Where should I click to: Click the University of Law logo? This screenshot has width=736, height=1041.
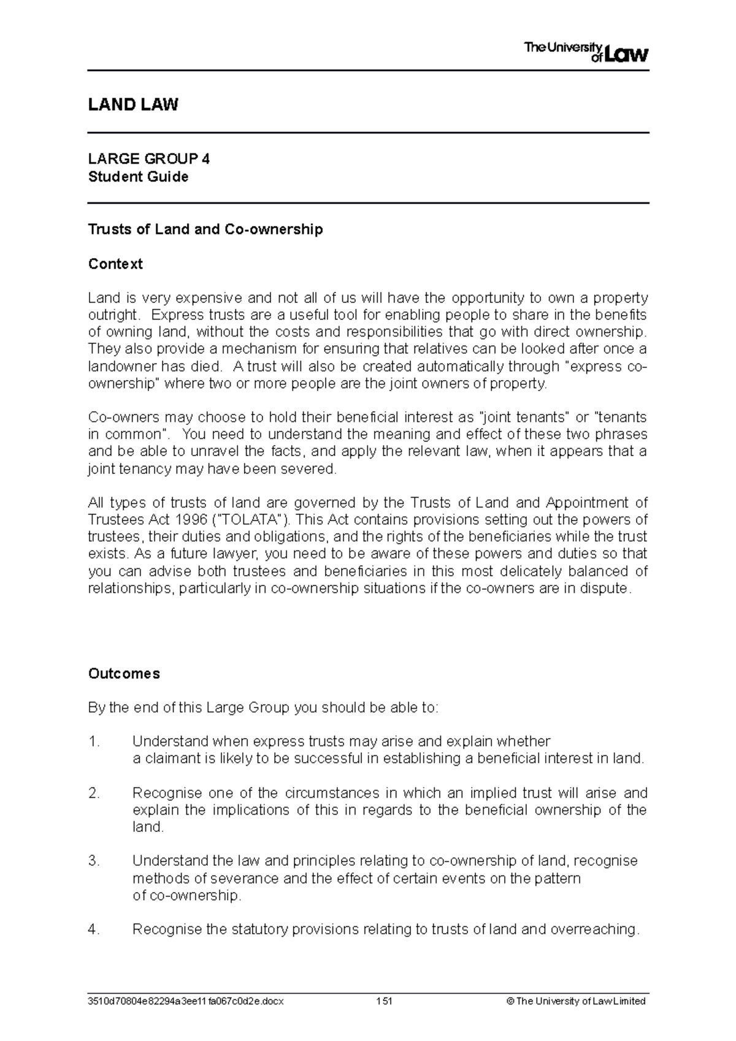point(586,52)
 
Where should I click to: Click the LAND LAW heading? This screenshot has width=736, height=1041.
point(133,105)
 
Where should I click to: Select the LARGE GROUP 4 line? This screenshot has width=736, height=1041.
point(149,159)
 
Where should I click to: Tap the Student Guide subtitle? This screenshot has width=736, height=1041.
point(138,177)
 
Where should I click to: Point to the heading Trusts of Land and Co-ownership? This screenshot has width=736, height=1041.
point(205,229)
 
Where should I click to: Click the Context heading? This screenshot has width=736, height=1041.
point(115,264)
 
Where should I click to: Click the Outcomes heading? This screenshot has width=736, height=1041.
point(124,674)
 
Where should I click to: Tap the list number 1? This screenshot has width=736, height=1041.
point(94,742)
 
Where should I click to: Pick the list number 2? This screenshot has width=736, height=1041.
point(94,793)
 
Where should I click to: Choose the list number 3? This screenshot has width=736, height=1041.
point(94,861)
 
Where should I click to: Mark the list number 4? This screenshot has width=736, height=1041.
point(94,929)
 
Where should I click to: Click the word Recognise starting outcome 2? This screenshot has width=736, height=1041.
point(163,793)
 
